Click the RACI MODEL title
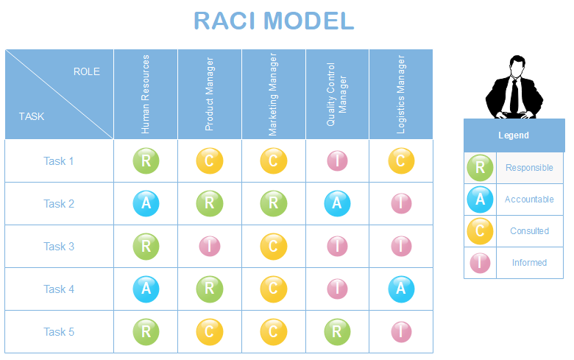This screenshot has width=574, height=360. coord(274,21)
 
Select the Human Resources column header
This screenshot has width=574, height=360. coord(146,94)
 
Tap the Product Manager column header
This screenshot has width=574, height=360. coord(210,94)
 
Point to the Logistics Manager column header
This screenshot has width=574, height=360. coord(401,94)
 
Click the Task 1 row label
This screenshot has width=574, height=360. coord(59,161)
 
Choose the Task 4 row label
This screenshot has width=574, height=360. coord(59,289)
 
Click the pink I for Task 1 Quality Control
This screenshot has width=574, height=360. coord(337,161)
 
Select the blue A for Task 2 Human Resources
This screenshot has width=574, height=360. coord(146,204)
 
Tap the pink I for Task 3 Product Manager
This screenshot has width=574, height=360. coord(210,247)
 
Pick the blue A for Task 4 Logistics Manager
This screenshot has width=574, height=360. coord(401,289)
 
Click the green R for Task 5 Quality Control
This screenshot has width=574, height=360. coord(337,332)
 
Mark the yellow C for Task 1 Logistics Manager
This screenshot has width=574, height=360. coord(401,161)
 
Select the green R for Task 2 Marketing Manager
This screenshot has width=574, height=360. coord(273,204)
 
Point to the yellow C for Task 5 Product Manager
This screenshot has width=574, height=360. coord(210,332)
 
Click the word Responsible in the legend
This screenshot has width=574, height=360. coord(529,168)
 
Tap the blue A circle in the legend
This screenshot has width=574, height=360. coord(480,199)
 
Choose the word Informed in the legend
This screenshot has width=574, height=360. coord(529,263)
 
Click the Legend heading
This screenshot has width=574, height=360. coord(514,135)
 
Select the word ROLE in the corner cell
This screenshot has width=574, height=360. coord(87,71)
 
